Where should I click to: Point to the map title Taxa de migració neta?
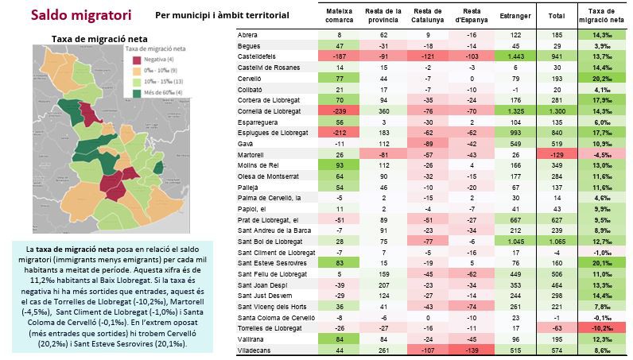[90, 38]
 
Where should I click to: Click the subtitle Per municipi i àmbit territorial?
[223, 15]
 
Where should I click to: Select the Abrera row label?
[250, 36]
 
